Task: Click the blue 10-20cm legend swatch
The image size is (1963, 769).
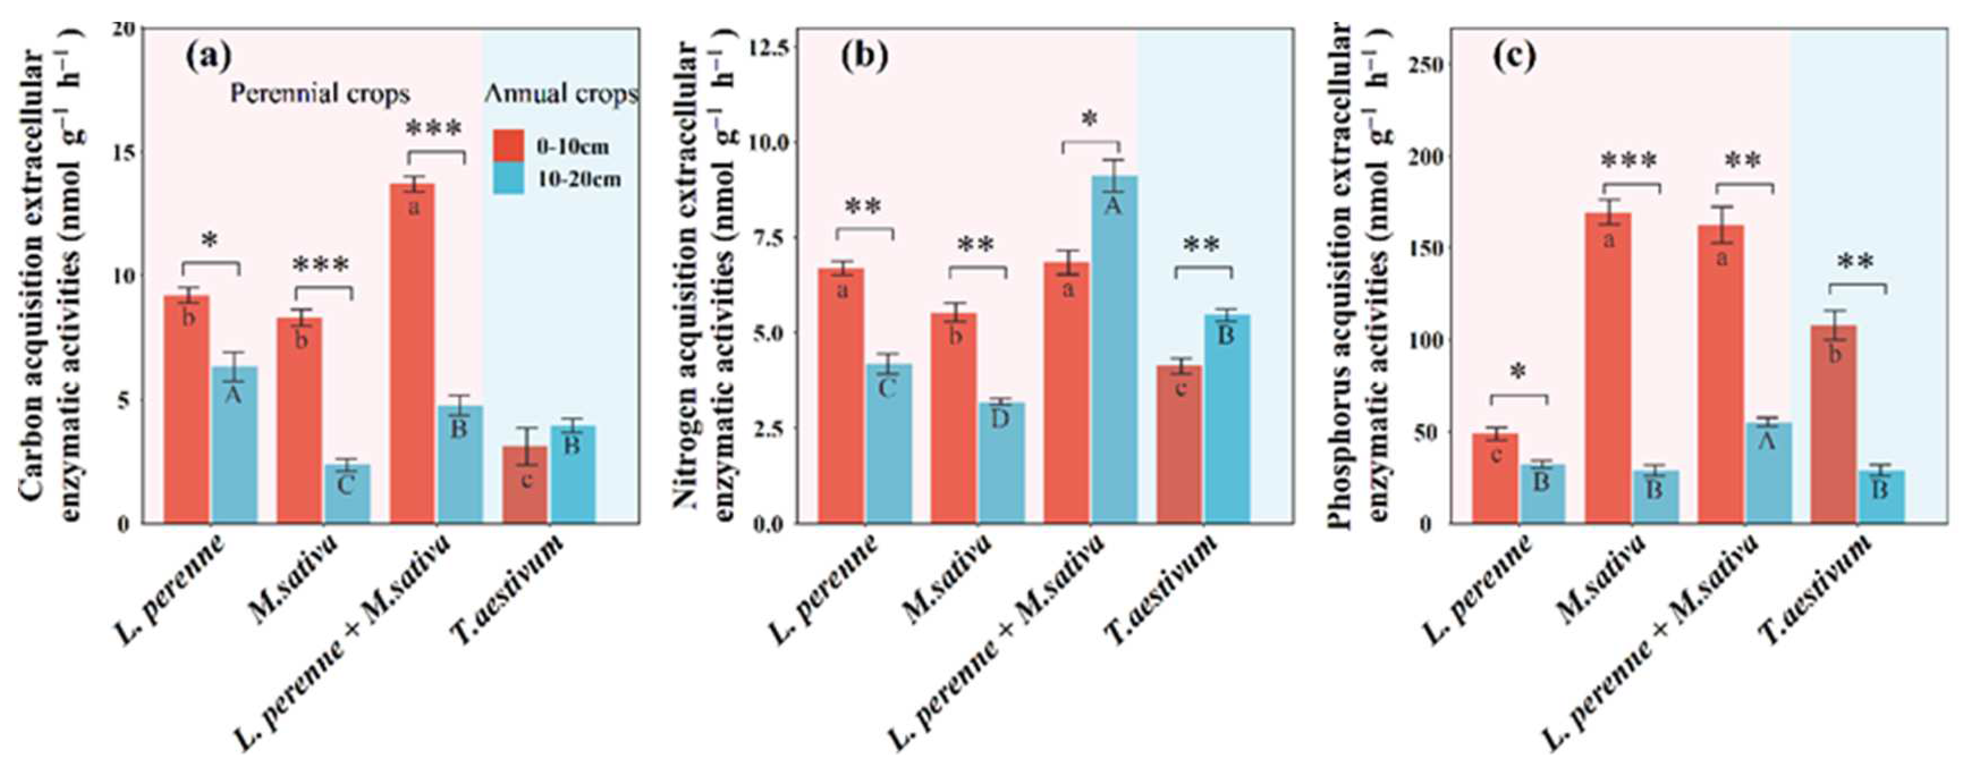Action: (507, 178)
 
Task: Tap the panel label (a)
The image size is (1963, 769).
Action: (208, 58)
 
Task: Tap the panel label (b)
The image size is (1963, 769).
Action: (864, 58)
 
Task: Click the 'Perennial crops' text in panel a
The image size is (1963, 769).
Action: (320, 94)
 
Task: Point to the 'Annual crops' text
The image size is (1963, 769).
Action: (561, 94)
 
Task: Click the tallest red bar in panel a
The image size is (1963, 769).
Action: (412, 358)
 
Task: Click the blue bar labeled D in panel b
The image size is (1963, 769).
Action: (1001, 465)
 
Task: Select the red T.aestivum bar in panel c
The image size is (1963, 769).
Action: (1834, 427)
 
